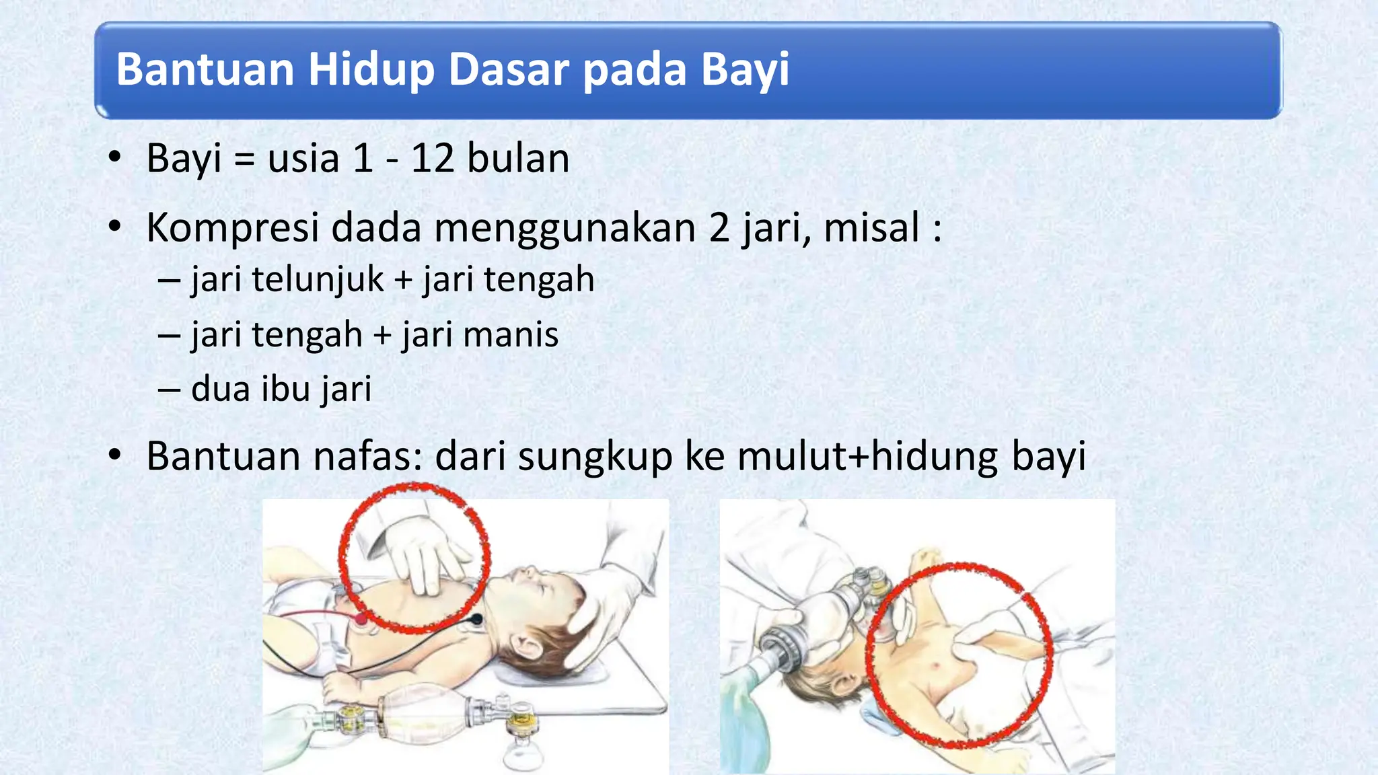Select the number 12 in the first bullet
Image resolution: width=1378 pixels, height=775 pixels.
[433, 159]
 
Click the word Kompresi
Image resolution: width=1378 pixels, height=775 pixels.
[232, 229]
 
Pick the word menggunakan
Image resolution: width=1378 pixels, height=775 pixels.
[565, 229]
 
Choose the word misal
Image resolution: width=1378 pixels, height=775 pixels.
[871, 227]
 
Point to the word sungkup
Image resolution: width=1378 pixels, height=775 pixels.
[595, 457]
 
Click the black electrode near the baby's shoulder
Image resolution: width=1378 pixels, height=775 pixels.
[476, 618]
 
